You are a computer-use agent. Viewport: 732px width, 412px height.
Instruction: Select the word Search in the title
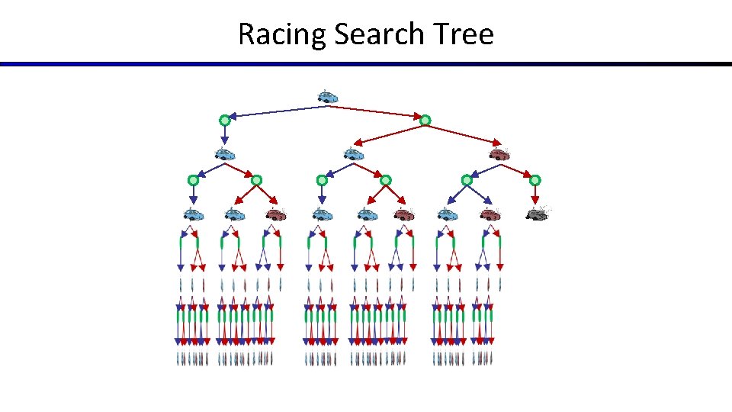(x=371, y=34)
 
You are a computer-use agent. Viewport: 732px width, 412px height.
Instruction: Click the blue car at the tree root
(x=328, y=97)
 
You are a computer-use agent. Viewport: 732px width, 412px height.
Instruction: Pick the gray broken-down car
(x=537, y=214)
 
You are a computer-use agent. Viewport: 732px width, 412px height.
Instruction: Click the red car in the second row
(x=499, y=155)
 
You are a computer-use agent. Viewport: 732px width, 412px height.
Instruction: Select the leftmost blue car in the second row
(x=224, y=155)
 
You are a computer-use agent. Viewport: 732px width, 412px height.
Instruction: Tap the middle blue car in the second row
(x=353, y=155)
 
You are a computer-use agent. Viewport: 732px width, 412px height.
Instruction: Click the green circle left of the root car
(x=224, y=121)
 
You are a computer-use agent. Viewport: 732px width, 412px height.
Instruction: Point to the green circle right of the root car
(x=425, y=120)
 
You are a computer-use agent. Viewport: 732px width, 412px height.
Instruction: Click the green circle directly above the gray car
(x=535, y=180)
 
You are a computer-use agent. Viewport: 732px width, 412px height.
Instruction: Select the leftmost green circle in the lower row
(x=193, y=181)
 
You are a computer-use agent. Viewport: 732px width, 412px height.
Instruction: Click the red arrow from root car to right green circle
(x=377, y=112)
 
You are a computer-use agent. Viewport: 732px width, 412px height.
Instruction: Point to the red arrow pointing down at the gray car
(x=535, y=195)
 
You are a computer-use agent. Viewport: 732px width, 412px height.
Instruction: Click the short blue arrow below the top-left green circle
(x=224, y=135)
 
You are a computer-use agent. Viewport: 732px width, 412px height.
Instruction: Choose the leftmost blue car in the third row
(x=194, y=214)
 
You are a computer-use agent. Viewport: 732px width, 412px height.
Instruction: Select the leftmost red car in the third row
(x=276, y=214)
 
